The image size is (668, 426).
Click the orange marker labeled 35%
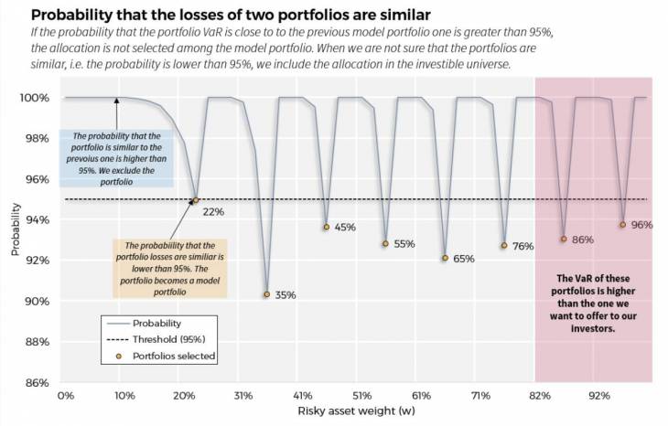[x=266, y=294]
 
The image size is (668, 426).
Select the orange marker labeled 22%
[x=196, y=199]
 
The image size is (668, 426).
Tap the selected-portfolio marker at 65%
[x=445, y=258]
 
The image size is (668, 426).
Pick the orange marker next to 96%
[x=622, y=225]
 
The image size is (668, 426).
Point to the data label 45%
[x=345, y=227]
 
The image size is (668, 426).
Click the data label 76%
[x=523, y=246]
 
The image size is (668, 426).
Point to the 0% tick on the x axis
[x=66, y=396]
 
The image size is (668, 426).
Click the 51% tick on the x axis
[x=361, y=396]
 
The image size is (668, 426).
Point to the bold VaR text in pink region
[x=592, y=303]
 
